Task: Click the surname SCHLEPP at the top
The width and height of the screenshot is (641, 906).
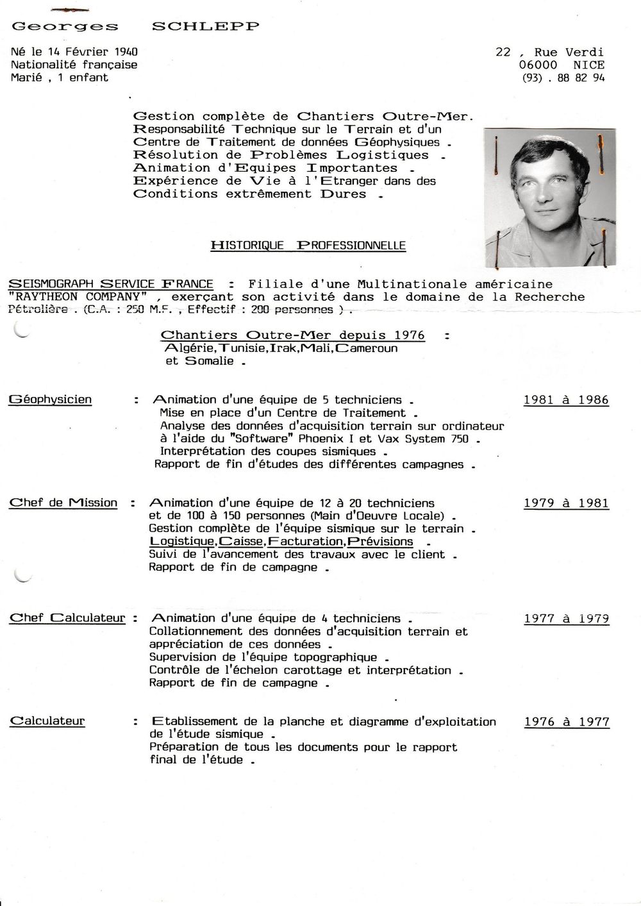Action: click(x=205, y=26)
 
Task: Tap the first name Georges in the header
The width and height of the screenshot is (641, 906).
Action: click(x=65, y=26)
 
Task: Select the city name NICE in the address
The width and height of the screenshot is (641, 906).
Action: click(x=588, y=65)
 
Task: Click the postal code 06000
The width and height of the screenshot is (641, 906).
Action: click(x=538, y=65)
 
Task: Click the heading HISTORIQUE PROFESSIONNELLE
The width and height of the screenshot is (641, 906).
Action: click(x=308, y=246)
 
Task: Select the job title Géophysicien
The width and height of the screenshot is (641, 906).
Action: click(x=51, y=399)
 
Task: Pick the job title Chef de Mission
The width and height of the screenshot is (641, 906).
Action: click(x=63, y=503)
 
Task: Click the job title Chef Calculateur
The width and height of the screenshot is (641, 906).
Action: click(x=67, y=618)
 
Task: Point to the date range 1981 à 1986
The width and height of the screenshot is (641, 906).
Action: click(x=566, y=399)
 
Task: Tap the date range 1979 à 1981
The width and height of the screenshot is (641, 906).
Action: click(x=566, y=503)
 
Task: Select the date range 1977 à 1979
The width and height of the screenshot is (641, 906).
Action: click(x=566, y=619)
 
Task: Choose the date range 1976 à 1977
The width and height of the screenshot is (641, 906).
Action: click(x=566, y=721)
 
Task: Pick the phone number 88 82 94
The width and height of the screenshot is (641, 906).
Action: click(x=581, y=78)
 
